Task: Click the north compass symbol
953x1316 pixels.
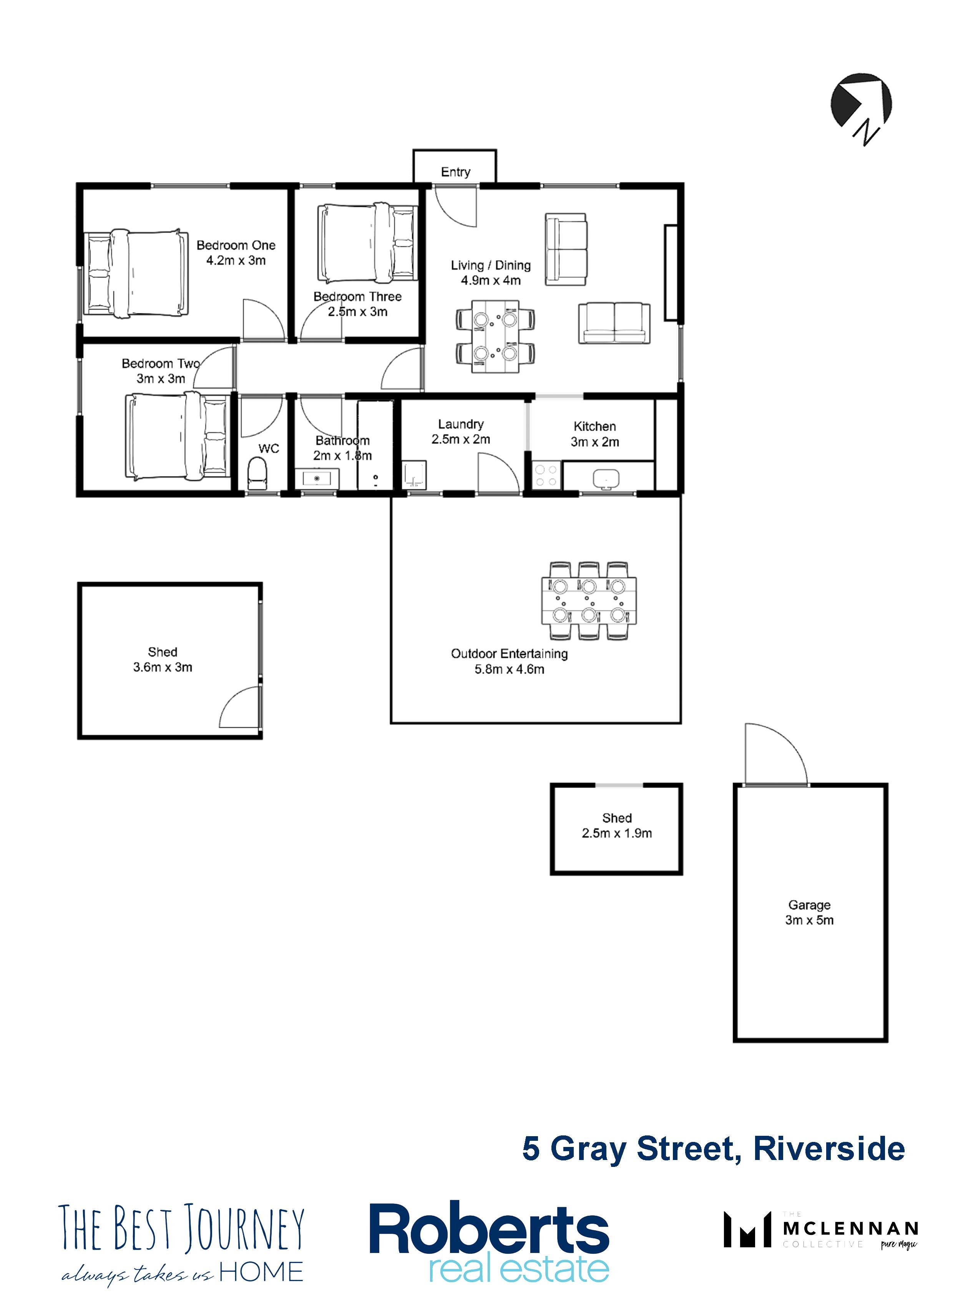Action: [x=861, y=107]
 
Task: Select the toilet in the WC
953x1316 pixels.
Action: [x=257, y=473]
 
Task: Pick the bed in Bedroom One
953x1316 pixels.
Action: [x=137, y=273]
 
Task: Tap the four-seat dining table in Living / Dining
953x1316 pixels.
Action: [x=495, y=337]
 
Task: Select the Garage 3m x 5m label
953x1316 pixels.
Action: [x=809, y=912]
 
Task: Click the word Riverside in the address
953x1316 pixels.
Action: [x=829, y=1149]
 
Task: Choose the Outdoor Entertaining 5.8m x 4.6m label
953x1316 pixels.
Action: [x=509, y=661]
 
